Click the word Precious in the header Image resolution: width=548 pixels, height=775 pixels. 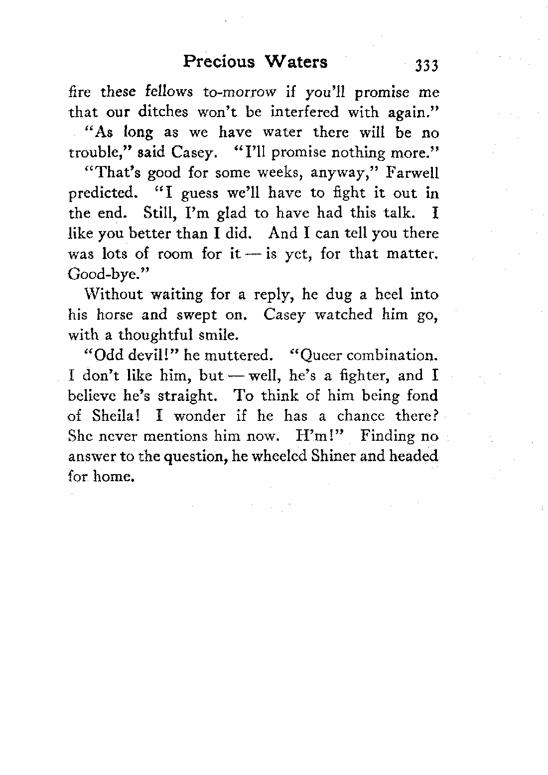(x=219, y=61)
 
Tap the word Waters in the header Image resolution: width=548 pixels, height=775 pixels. (x=298, y=61)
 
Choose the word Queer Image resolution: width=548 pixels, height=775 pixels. (x=317, y=356)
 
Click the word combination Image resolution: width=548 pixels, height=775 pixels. (x=393, y=356)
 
